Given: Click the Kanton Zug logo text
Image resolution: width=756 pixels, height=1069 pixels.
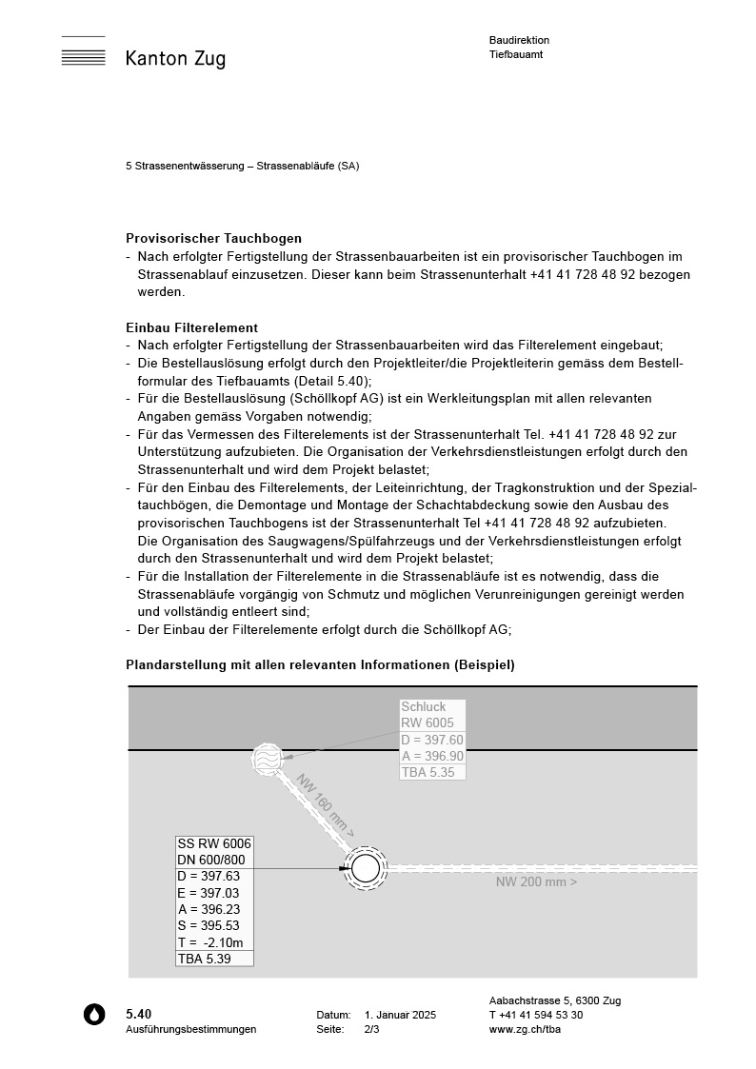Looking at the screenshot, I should (175, 59).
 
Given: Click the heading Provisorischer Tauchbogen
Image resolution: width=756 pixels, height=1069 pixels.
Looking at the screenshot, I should (213, 238).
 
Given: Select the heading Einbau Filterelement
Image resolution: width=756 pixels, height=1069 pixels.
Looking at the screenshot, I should (191, 327).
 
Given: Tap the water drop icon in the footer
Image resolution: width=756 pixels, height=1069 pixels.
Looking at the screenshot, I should (94, 1015).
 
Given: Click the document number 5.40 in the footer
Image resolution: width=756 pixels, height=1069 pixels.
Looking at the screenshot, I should (138, 1014).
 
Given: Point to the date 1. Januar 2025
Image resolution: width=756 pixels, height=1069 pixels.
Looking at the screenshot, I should (400, 1015).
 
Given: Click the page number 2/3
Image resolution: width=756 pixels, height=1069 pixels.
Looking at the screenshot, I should (371, 1029).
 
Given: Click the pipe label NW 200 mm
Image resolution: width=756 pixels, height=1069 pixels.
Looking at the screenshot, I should (536, 881).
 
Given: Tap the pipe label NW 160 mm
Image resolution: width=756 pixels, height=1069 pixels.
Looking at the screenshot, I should (325, 805).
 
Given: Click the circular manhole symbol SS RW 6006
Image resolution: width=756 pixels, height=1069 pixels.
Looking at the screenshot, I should (365, 868).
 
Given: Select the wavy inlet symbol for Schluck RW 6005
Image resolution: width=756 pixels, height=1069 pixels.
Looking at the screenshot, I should (268, 759).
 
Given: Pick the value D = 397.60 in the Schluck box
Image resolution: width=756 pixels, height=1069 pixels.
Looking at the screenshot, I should (432, 740).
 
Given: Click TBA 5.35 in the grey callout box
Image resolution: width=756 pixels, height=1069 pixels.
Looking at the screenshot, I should (427, 772).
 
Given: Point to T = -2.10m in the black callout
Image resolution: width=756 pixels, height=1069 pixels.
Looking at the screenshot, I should (210, 942).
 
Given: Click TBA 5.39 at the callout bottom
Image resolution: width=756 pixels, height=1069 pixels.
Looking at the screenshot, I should (205, 959).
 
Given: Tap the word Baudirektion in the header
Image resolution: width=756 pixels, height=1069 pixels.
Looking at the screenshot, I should (519, 40).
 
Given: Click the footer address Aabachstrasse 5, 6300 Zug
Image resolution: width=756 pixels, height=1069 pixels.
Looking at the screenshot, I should (554, 1000).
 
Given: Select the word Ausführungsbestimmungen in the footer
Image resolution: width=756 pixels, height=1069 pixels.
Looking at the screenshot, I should (190, 1029).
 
